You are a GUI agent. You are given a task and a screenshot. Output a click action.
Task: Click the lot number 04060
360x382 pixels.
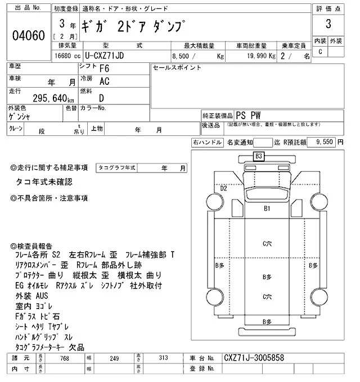pyautogui.click(x=28, y=35)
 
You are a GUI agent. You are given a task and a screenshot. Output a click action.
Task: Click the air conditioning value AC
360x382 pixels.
pyautogui.click(x=104, y=81)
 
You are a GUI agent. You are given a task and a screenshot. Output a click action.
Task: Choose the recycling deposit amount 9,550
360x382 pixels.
pyautogui.click(x=325, y=143)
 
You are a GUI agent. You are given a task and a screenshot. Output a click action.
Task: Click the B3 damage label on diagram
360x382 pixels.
pyautogui.click(x=259, y=156)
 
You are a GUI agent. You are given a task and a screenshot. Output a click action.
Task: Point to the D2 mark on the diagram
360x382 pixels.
pyautogui.click(x=223, y=189)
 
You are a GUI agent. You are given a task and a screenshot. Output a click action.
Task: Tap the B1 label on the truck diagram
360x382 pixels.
pyautogui.click(x=268, y=208)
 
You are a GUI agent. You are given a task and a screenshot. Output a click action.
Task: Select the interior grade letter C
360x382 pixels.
pyautogui.click(x=321, y=52)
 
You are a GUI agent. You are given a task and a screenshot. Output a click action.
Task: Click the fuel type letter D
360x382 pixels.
pyautogui.click(x=102, y=97)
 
